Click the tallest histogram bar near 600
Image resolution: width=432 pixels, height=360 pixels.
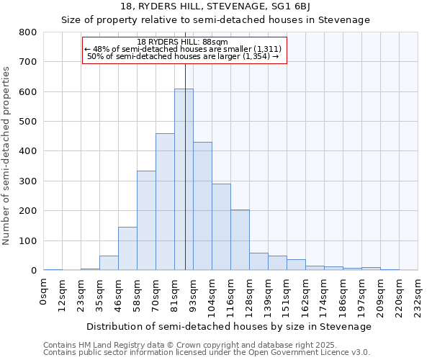click(184, 180)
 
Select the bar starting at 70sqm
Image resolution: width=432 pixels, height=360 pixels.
click(165, 202)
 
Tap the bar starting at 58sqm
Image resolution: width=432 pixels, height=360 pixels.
click(146, 220)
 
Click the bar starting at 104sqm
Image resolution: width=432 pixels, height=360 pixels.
click(221, 227)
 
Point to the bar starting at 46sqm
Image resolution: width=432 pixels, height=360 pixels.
click(127, 248)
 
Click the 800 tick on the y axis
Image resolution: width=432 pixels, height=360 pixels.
click(27, 32)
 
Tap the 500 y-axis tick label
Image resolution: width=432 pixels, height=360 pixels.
click(27, 122)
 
